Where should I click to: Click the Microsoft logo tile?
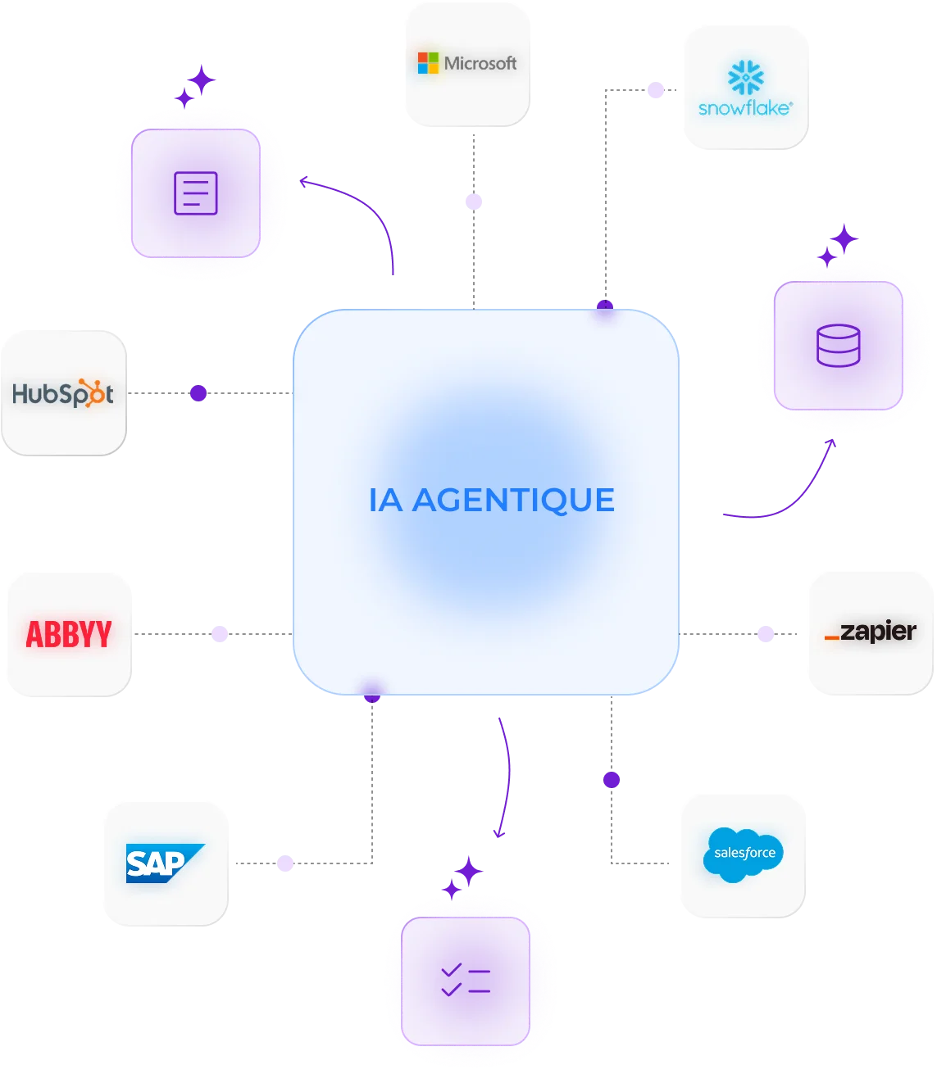pyautogui.click(x=466, y=64)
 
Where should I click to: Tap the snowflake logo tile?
pyautogui.click(x=745, y=86)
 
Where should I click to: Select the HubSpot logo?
pyautogui.click(x=63, y=393)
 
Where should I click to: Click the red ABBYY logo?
pyautogui.click(x=69, y=634)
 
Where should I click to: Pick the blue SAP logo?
pyautogui.click(x=164, y=863)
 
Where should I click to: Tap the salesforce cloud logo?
pyautogui.click(x=744, y=854)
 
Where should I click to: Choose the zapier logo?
pyautogui.click(x=871, y=632)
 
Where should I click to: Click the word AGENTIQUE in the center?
pyautogui.click(x=513, y=500)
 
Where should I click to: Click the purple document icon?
pyautogui.click(x=196, y=193)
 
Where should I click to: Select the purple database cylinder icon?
pyautogui.click(x=838, y=346)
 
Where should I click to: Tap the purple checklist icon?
pyautogui.click(x=465, y=981)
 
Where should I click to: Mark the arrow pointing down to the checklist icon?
pyautogui.click(x=505, y=778)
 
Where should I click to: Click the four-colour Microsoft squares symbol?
pyautogui.click(x=428, y=64)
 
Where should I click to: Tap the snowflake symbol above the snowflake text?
pyautogui.click(x=745, y=77)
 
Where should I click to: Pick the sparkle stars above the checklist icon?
pyautogui.click(x=463, y=876)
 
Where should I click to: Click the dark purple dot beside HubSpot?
pyautogui.click(x=198, y=394)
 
